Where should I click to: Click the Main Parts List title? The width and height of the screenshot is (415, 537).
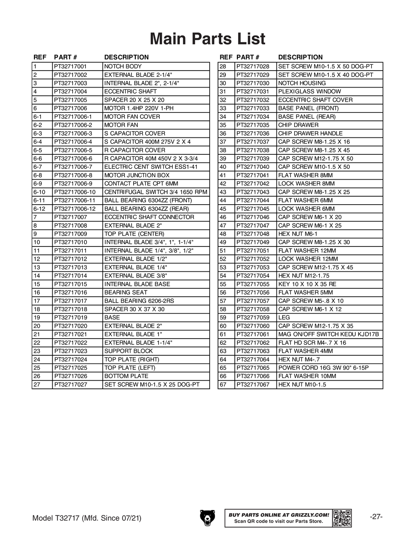point(207,39)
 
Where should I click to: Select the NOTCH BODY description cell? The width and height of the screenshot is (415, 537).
point(123,66)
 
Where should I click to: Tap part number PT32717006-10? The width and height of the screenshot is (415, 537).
point(75,192)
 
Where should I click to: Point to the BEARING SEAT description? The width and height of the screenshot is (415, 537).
point(126,293)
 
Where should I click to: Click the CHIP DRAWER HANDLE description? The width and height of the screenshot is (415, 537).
point(310,134)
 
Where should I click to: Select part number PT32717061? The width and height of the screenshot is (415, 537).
point(253,334)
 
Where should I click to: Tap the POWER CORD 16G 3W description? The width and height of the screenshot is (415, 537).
point(323,368)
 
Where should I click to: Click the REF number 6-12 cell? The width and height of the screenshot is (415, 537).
point(39,209)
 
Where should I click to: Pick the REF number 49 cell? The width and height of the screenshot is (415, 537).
point(223,242)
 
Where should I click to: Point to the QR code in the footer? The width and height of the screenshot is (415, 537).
point(342,518)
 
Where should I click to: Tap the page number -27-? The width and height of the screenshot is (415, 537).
point(376,517)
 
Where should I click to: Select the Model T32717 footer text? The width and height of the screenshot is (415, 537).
point(87,518)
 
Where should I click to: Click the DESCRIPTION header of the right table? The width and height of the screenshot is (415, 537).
point(300,57)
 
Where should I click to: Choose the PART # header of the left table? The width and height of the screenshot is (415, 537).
point(66,57)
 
